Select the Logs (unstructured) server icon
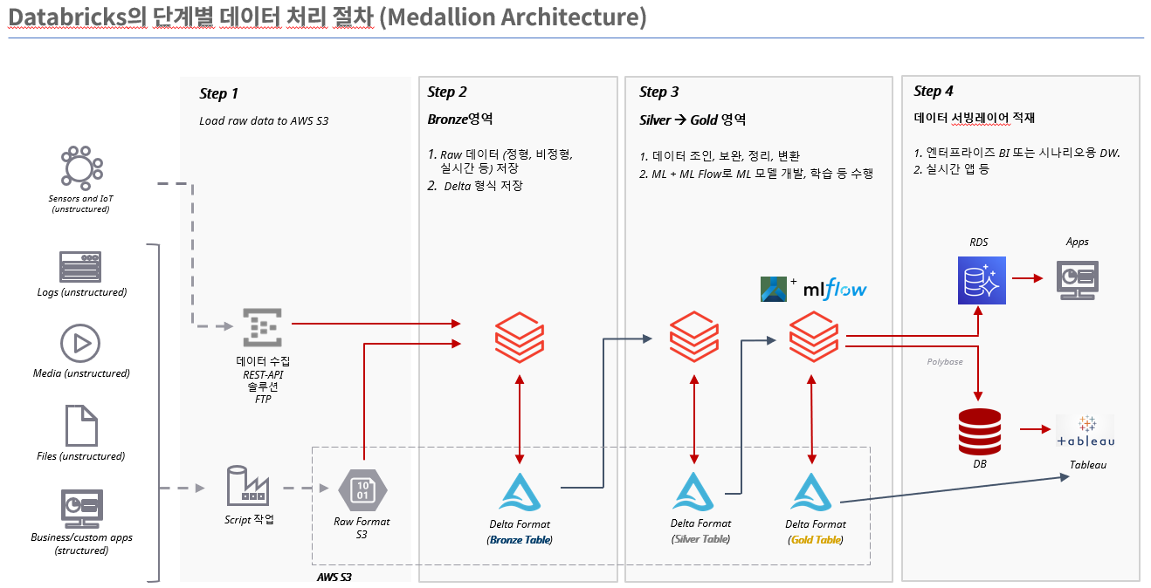click(x=80, y=266)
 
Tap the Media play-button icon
click(x=80, y=344)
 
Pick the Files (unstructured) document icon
click(x=80, y=426)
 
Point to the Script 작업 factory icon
click(x=248, y=486)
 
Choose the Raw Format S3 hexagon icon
click(x=362, y=489)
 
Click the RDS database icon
click(x=981, y=280)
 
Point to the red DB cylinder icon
click(x=980, y=431)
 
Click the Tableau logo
click(x=1086, y=432)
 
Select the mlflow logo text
click(x=835, y=288)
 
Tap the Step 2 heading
click(x=447, y=92)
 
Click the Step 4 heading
click(x=934, y=91)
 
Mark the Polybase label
click(x=946, y=360)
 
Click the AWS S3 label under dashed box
click(x=334, y=577)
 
